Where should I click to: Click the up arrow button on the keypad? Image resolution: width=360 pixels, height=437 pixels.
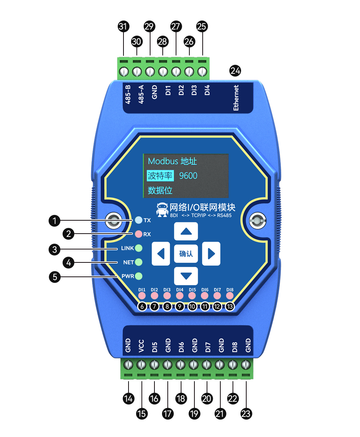coord(186,231)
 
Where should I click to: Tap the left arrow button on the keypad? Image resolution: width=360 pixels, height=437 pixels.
coord(161,254)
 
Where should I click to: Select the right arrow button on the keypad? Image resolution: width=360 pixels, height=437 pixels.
coord(211,254)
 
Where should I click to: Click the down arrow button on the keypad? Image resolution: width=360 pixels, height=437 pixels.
coord(186,276)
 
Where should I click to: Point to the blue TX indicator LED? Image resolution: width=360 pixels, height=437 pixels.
coord(139,220)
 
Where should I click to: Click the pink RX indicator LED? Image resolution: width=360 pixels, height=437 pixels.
coord(139,234)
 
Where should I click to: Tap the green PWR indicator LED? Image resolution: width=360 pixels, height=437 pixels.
coord(139,276)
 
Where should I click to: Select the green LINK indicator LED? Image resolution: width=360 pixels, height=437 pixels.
coord(139,248)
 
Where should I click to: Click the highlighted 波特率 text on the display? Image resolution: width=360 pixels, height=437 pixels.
coord(160,176)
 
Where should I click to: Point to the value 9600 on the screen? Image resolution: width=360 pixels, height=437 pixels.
coord(188,176)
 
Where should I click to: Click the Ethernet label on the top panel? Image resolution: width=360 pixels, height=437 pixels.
coord(236,98)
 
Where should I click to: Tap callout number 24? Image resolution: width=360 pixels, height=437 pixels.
coord(235,71)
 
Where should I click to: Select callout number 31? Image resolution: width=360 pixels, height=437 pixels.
coord(123,26)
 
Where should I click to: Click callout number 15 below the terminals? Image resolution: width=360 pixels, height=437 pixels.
coord(141,414)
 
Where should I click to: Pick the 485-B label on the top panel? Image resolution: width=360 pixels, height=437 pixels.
coord(128,94)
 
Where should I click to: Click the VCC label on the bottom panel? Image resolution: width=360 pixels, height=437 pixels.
coord(141,346)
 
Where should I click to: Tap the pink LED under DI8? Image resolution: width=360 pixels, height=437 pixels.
coord(230,296)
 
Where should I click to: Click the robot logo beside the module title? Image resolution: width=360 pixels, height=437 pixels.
coord(162,210)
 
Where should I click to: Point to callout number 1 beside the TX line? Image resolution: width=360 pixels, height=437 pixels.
coord(54,220)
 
